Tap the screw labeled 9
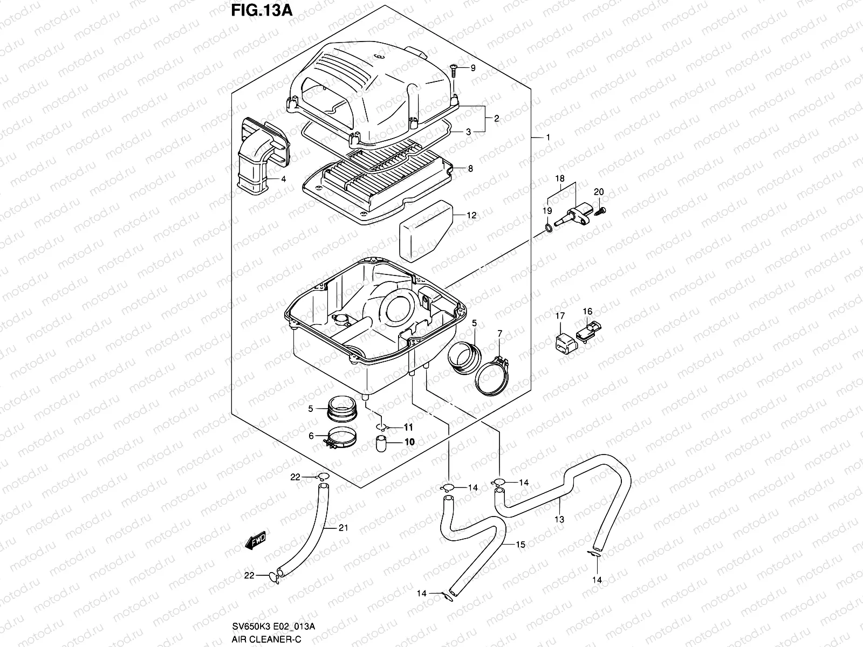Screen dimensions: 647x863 [454, 68]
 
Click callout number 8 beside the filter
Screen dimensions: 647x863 [470, 169]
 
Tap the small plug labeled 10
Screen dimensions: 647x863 [382, 445]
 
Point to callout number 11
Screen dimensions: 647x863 [408, 427]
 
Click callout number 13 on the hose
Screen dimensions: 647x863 [559, 519]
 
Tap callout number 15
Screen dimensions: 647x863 [520, 545]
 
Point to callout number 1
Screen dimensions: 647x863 [548, 137]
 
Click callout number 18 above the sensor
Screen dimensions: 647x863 [559, 178]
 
